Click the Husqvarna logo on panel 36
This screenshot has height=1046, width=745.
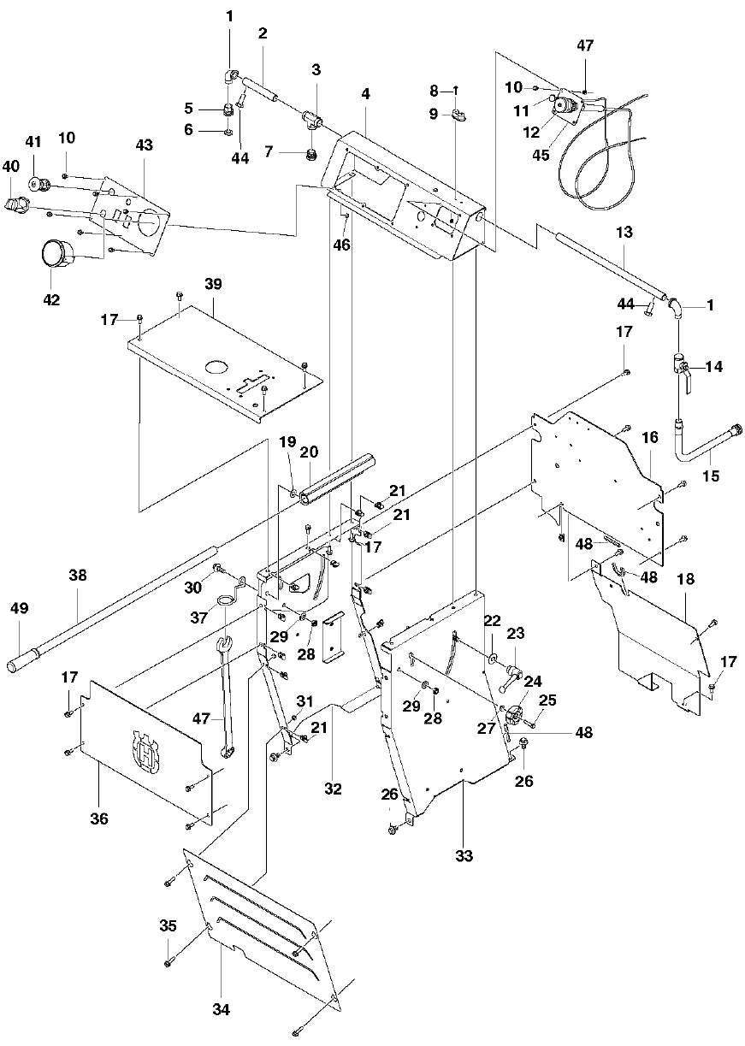[x=147, y=750]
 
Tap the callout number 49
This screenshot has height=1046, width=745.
[x=19, y=609]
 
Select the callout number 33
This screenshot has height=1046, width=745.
[x=463, y=855]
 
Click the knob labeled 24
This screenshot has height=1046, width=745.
[x=515, y=715]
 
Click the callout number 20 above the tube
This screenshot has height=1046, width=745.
[x=309, y=452]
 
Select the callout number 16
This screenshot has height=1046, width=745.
[x=650, y=437]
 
